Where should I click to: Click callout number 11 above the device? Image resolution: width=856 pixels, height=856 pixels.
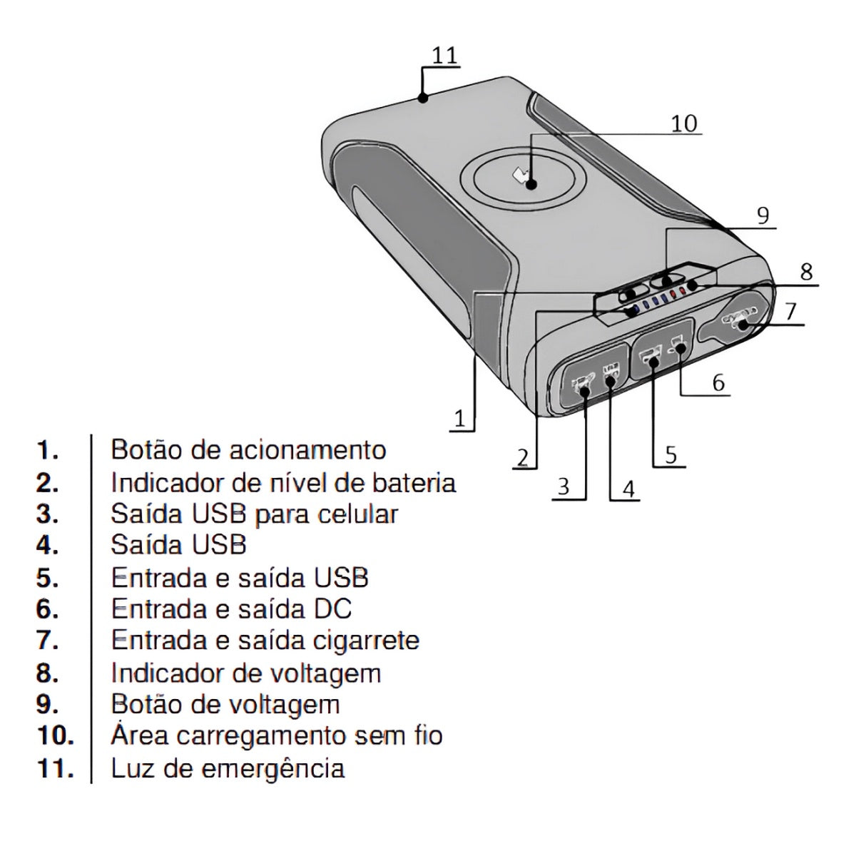446,56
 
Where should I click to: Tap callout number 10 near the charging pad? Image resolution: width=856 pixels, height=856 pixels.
683,123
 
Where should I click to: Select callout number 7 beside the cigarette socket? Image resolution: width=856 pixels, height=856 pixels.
790,311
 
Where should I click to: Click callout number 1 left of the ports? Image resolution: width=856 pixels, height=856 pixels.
460,418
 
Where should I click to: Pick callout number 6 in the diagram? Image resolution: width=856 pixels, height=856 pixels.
718,382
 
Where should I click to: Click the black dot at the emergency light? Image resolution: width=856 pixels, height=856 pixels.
422,98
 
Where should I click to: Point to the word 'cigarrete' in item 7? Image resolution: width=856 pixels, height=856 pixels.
367,641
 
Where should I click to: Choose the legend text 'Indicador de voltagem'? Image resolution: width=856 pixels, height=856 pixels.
246,673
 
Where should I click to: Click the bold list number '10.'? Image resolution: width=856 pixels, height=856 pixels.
54,735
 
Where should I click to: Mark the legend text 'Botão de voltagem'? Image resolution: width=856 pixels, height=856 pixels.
225,705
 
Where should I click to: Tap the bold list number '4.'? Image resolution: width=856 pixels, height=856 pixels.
48,546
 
